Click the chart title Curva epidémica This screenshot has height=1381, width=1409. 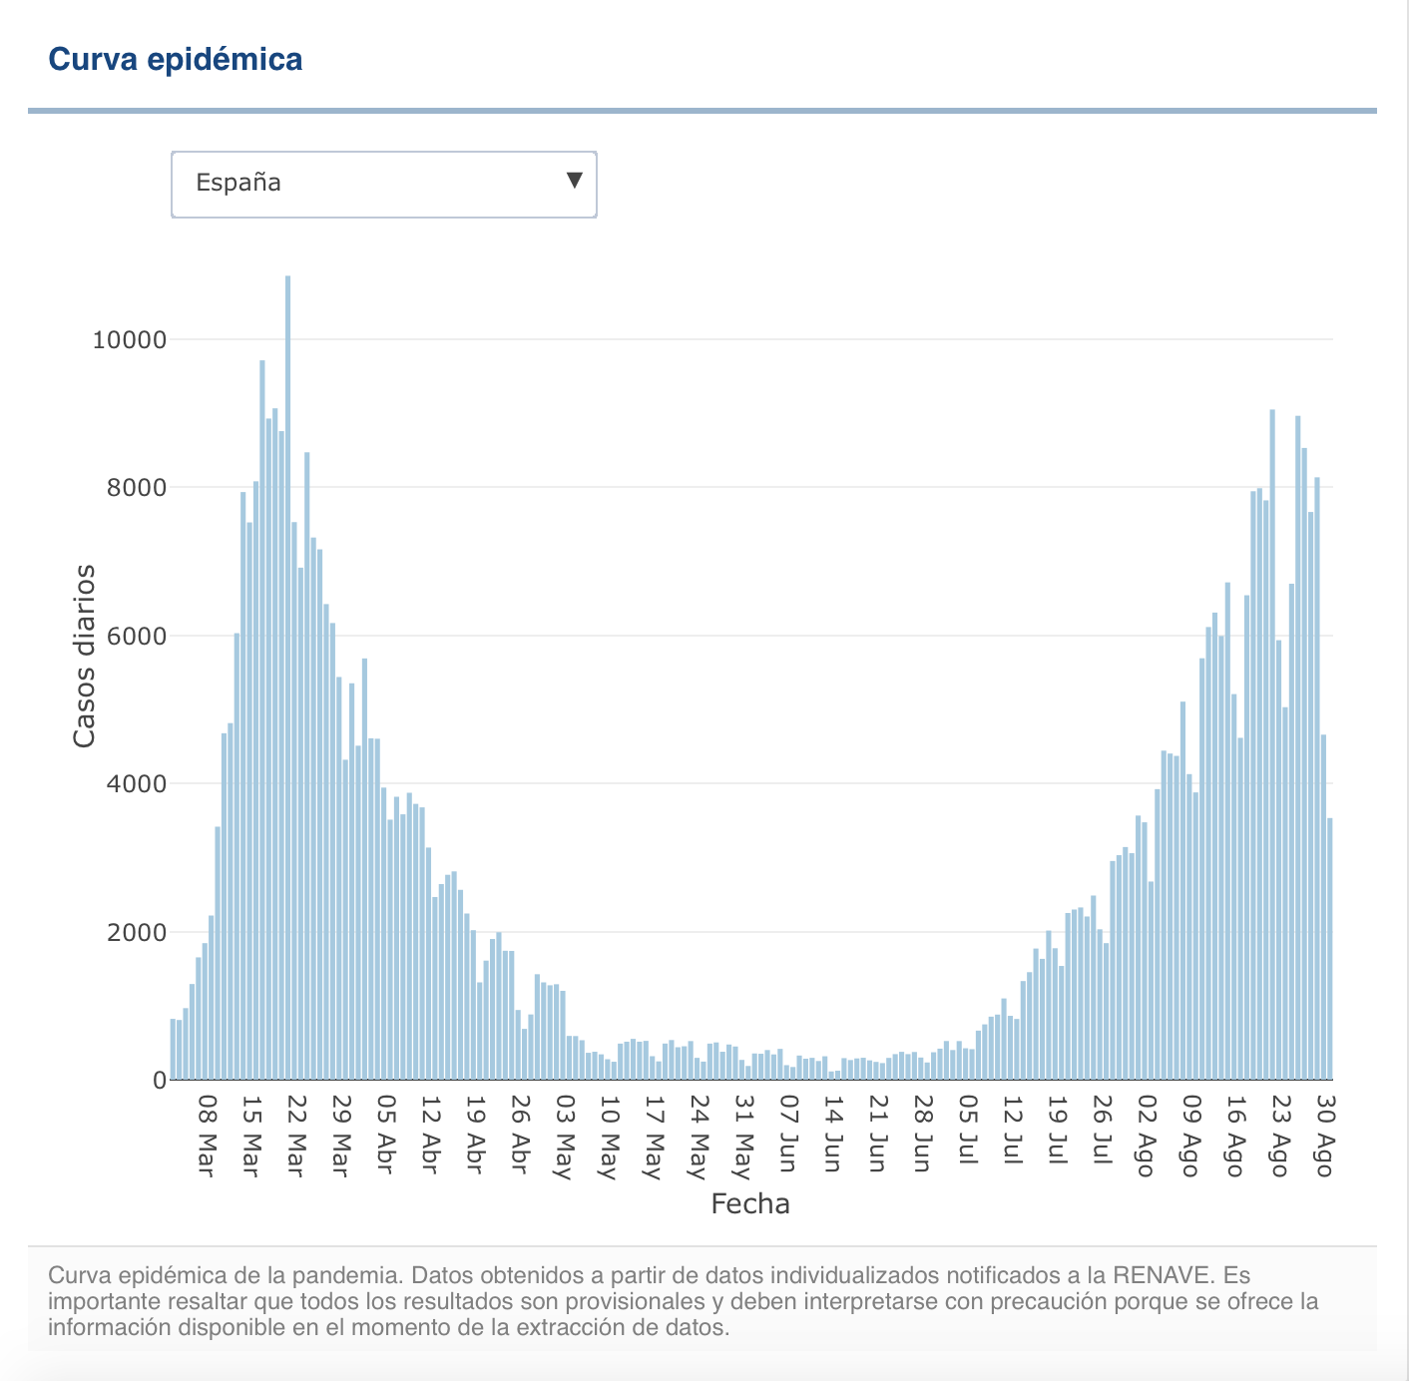coord(176,60)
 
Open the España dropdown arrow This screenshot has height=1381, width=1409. coord(574,181)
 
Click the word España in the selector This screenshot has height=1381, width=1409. coord(238,183)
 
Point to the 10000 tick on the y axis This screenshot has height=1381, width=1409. coord(129,340)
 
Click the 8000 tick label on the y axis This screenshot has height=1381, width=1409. coord(137,488)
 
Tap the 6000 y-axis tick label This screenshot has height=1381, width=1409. coord(137,637)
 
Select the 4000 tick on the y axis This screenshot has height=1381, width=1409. coord(137,784)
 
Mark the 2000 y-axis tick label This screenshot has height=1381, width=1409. coord(137,933)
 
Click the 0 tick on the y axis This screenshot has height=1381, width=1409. coord(160,1081)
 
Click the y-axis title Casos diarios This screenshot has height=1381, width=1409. coord(85,656)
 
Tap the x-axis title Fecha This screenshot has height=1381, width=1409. coord(750,1204)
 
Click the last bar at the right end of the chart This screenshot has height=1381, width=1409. coord(1330,949)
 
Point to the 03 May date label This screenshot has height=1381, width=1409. coord(564,1137)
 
